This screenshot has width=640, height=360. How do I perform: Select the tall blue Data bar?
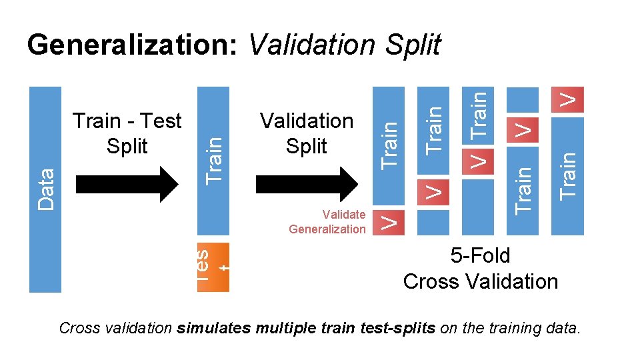pyautogui.click(x=46, y=190)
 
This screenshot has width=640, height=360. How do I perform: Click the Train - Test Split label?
pyautogui.click(x=127, y=133)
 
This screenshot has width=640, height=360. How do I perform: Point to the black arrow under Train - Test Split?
pyautogui.click(x=127, y=183)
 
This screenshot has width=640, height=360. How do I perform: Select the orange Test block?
pyautogui.click(x=213, y=267)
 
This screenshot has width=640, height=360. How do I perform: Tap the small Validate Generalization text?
pyautogui.click(x=327, y=222)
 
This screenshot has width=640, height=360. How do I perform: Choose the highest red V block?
pyautogui.click(x=567, y=99)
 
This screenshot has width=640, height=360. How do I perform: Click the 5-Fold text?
pyautogui.click(x=480, y=256)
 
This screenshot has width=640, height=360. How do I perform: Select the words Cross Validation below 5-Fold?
pyautogui.click(x=480, y=281)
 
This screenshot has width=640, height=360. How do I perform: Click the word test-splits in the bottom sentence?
pyautogui.click(x=403, y=329)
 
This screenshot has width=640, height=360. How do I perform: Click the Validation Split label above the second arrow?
pyautogui.click(x=307, y=133)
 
